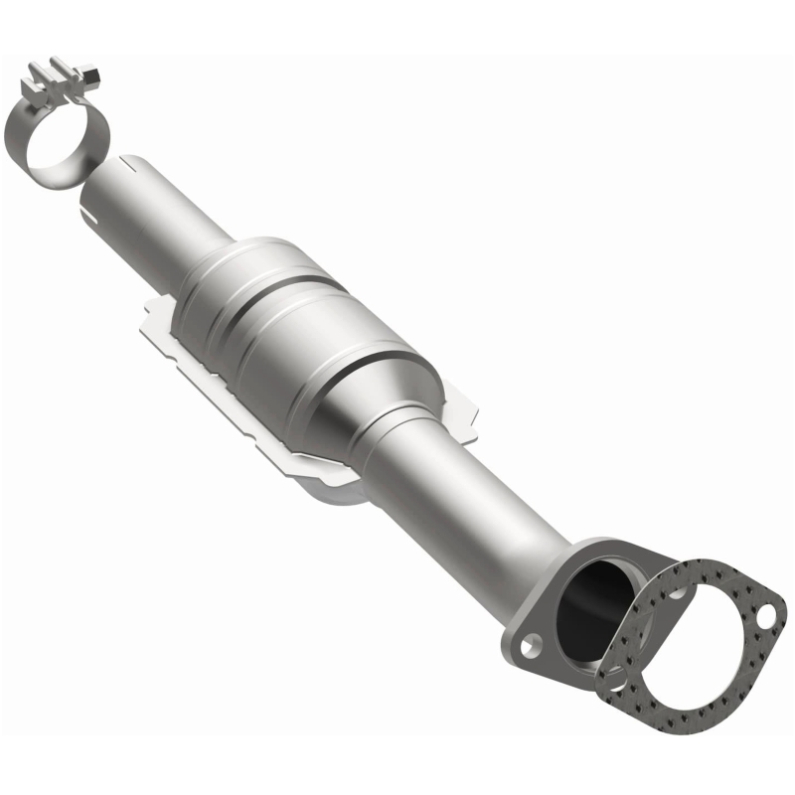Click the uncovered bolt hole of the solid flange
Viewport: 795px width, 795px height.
point(535,647)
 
